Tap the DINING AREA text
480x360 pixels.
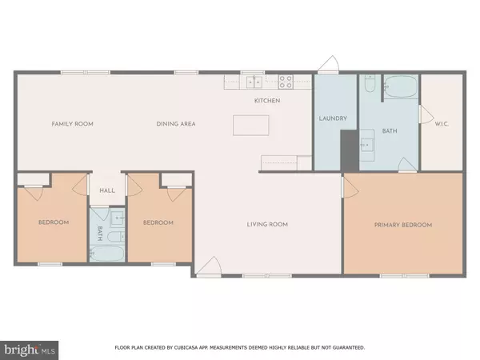176,124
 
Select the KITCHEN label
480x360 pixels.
266,101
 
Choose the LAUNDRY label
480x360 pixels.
332,119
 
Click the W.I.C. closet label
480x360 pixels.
442,124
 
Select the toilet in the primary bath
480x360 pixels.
369,83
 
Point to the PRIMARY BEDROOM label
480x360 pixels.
403,226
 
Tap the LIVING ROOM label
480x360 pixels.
267,224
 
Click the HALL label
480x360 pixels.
107,191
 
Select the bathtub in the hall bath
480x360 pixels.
107,254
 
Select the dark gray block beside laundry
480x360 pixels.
349,150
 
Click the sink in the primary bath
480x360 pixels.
369,145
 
